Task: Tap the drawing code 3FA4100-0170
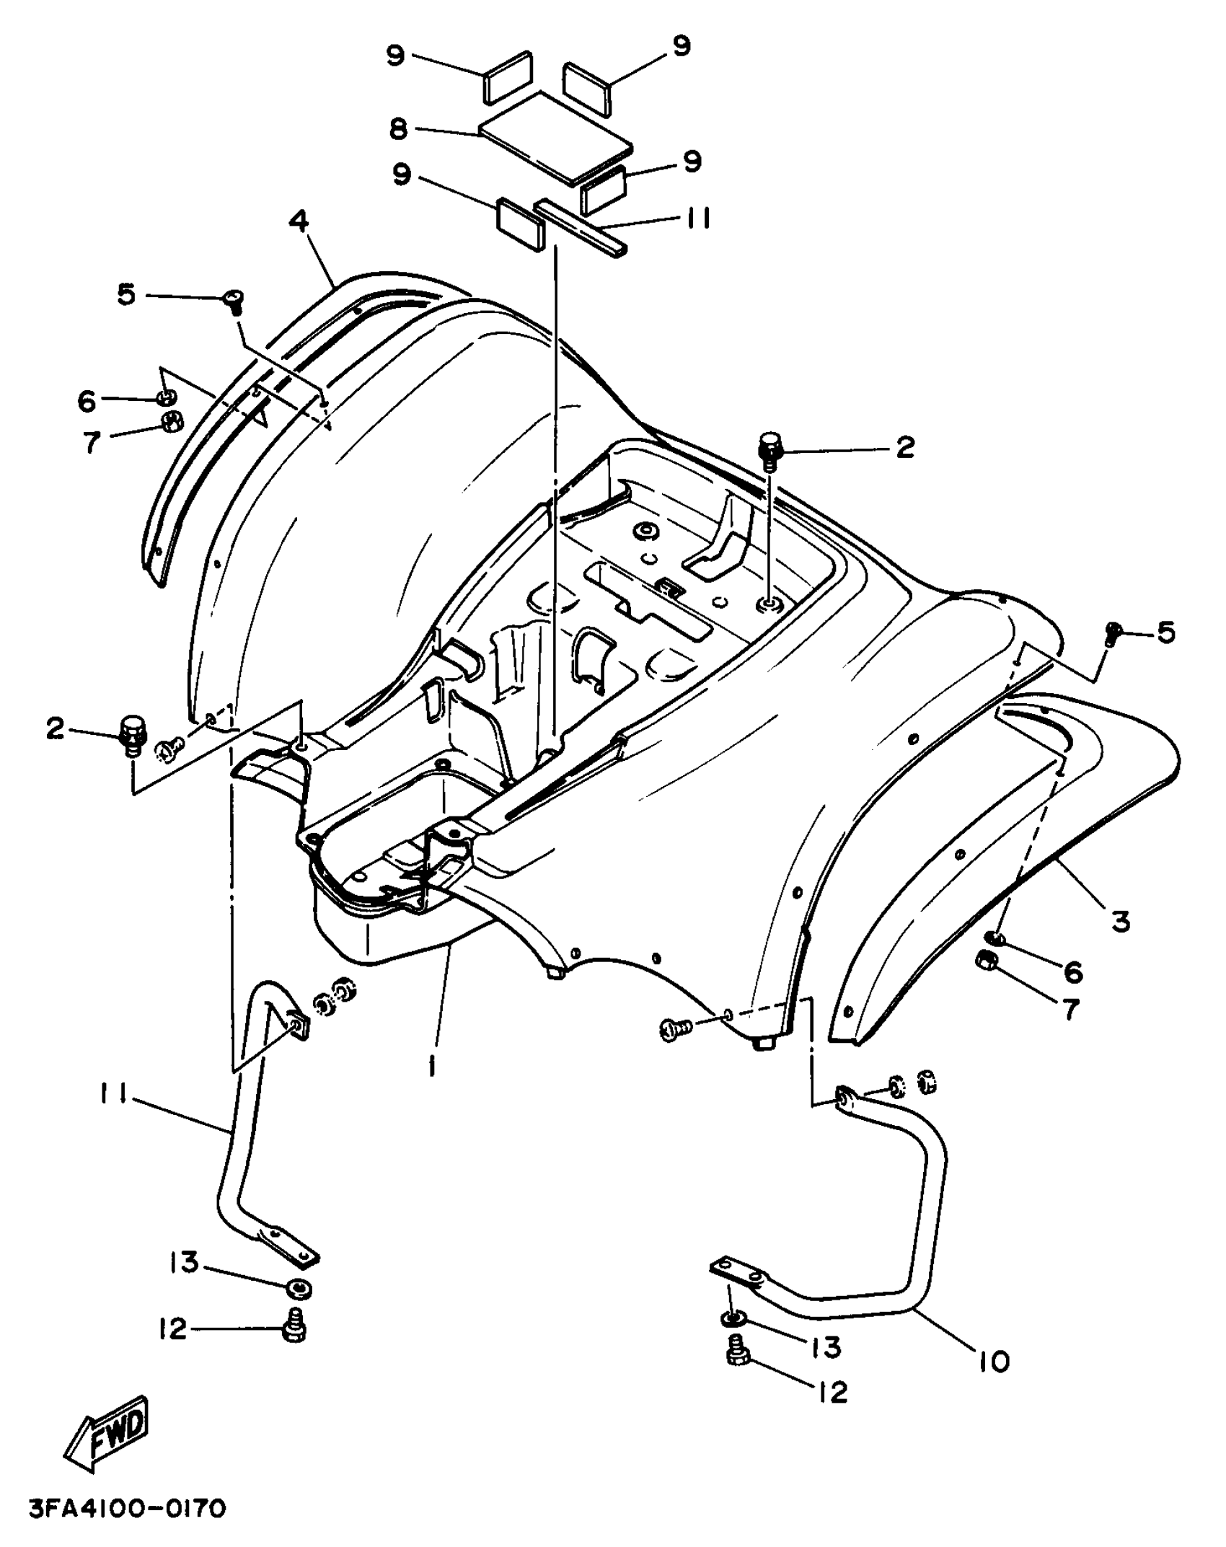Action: click(x=128, y=1509)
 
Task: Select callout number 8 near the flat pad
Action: click(x=398, y=129)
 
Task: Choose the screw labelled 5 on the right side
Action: click(x=1113, y=633)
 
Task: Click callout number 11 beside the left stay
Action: click(x=113, y=1116)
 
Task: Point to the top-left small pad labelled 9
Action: click(x=508, y=76)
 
